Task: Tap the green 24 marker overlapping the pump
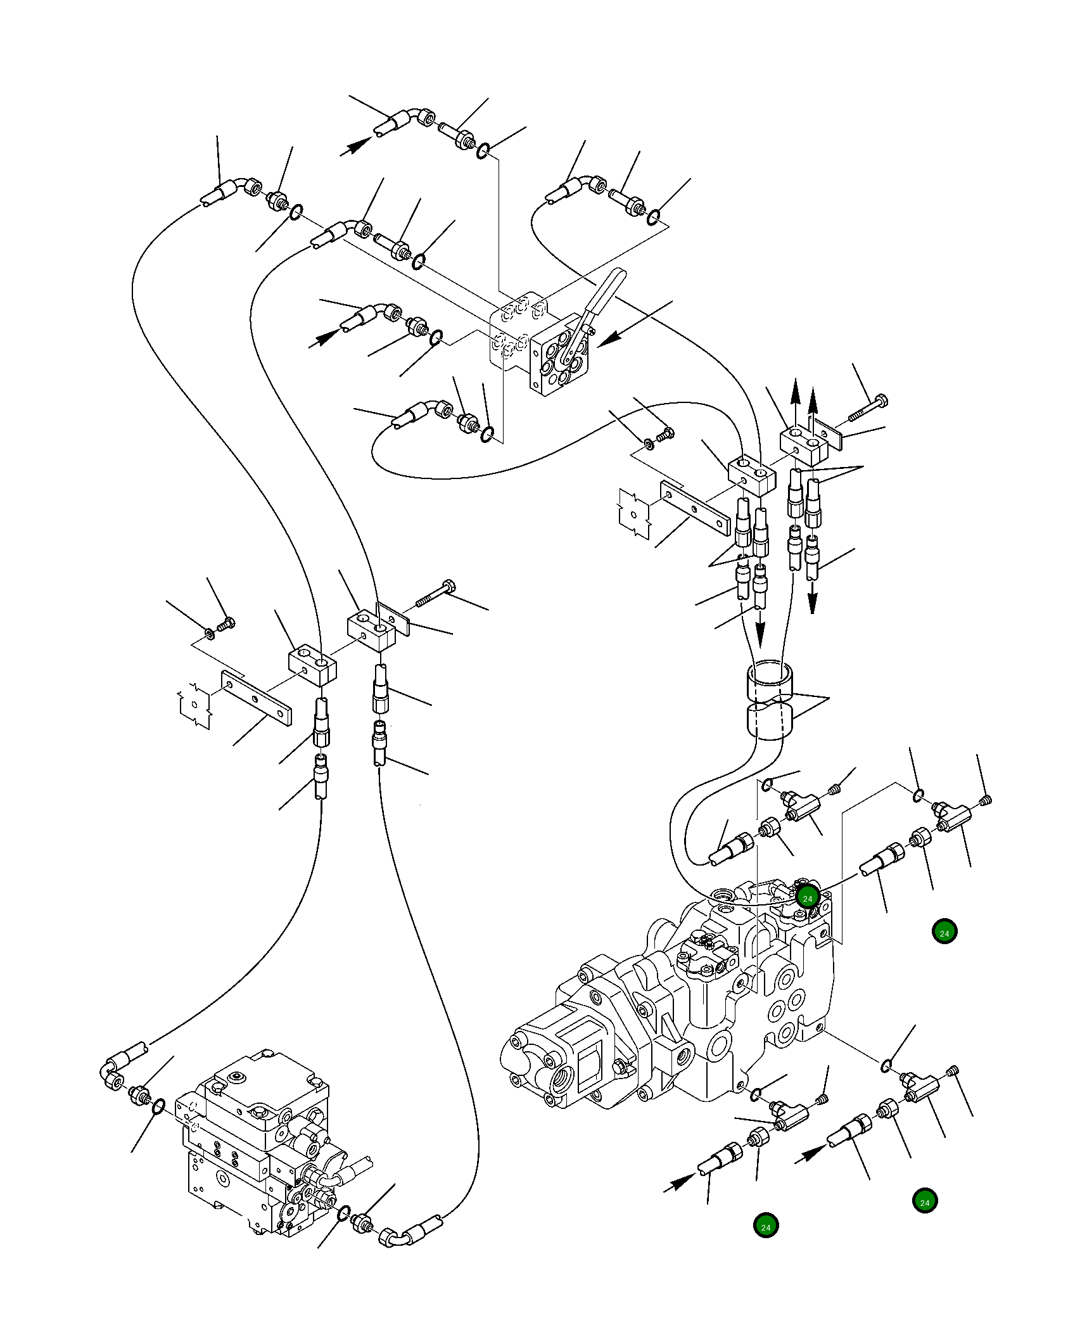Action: click(807, 898)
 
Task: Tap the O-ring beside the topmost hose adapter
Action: click(483, 151)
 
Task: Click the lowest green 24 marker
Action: click(765, 1227)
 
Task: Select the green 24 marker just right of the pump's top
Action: click(944, 933)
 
